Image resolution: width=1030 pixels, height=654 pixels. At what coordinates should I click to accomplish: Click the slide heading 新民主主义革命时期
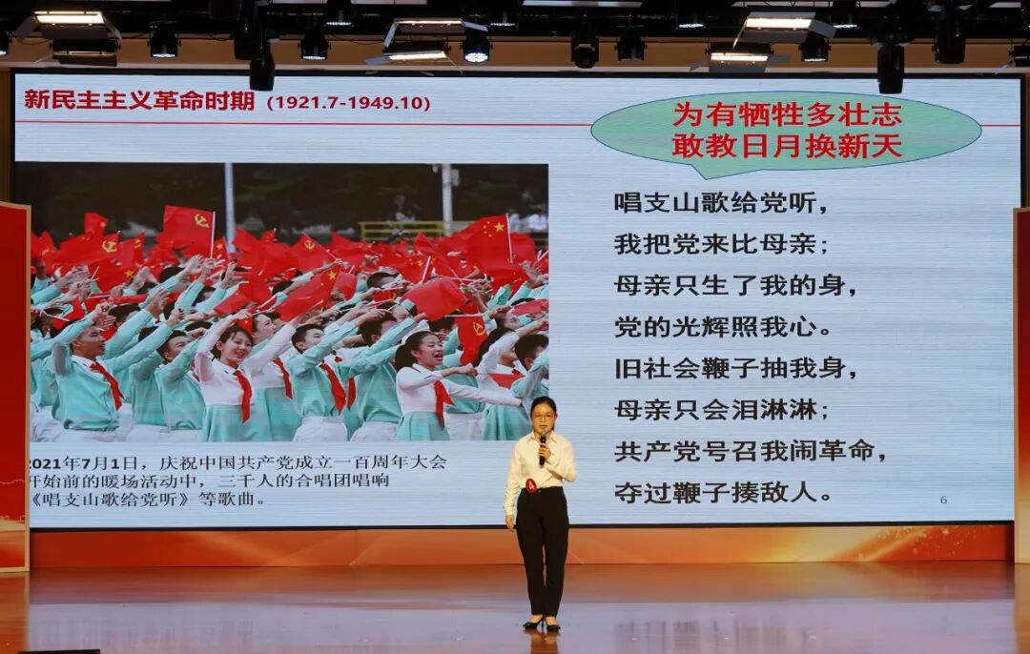(x=139, y=100)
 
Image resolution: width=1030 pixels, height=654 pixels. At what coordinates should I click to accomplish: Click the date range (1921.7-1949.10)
(x=348, y=103)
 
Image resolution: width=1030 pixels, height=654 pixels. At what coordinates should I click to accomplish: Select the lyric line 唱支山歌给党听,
(x=722, y=203)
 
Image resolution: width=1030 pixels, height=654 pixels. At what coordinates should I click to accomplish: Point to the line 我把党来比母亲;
(x=722, y=244)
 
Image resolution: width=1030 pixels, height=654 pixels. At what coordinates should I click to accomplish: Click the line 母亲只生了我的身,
(x=735, y=285)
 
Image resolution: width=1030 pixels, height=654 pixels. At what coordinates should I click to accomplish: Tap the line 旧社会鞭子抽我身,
(x=735, y=369)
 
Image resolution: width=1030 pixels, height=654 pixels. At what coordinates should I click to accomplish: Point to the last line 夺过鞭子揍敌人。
(x=722, y=493)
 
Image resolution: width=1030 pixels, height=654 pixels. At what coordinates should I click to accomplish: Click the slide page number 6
(x=943, y=500)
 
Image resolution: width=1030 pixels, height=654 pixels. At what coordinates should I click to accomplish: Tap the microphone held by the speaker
(x=543, y=445)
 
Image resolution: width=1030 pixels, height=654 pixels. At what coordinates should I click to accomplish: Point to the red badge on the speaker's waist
(x=530, y=485)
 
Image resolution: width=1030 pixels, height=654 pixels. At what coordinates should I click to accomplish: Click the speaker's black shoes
(x=540, y=623)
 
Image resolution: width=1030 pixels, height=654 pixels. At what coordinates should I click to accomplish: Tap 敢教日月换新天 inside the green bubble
(x=787, y=146)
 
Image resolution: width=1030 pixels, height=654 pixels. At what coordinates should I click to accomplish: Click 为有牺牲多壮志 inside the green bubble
(x=787, y=114)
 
